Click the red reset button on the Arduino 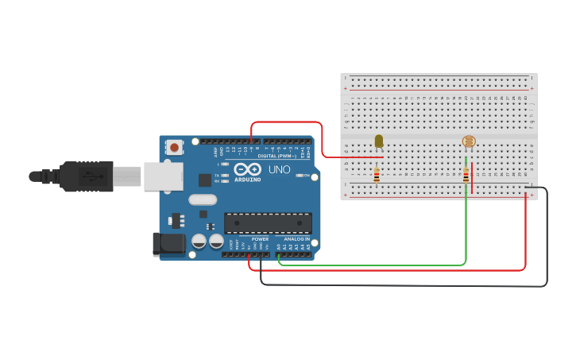(x=174, y=147)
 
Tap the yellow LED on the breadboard (x=378, y=141)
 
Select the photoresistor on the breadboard (x=469, y=141)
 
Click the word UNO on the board (x=279, y=169)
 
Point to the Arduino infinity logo (x=247, y=169)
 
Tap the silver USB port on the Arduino (x=163, y=176)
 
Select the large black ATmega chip (x=268, y=223)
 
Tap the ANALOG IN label (x=296, y=238)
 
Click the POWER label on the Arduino (x=260, y=238)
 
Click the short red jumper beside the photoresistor (x=472, y=179)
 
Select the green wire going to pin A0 (x=373, y=265)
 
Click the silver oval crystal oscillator (x=203, y=199)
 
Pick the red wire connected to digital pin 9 (x=286, y=122)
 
